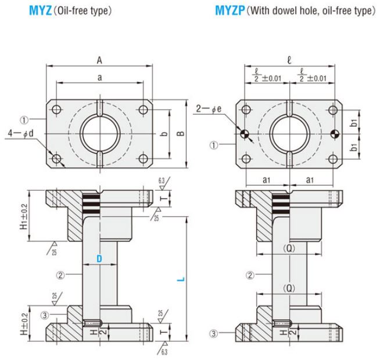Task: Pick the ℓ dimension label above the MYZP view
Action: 289,59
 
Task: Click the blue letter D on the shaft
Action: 99,260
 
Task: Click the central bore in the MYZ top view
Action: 99,134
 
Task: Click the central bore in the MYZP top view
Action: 289,134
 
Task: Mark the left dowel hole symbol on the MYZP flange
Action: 246,135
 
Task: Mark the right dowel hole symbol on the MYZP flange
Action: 332,135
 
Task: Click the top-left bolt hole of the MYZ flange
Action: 56,110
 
